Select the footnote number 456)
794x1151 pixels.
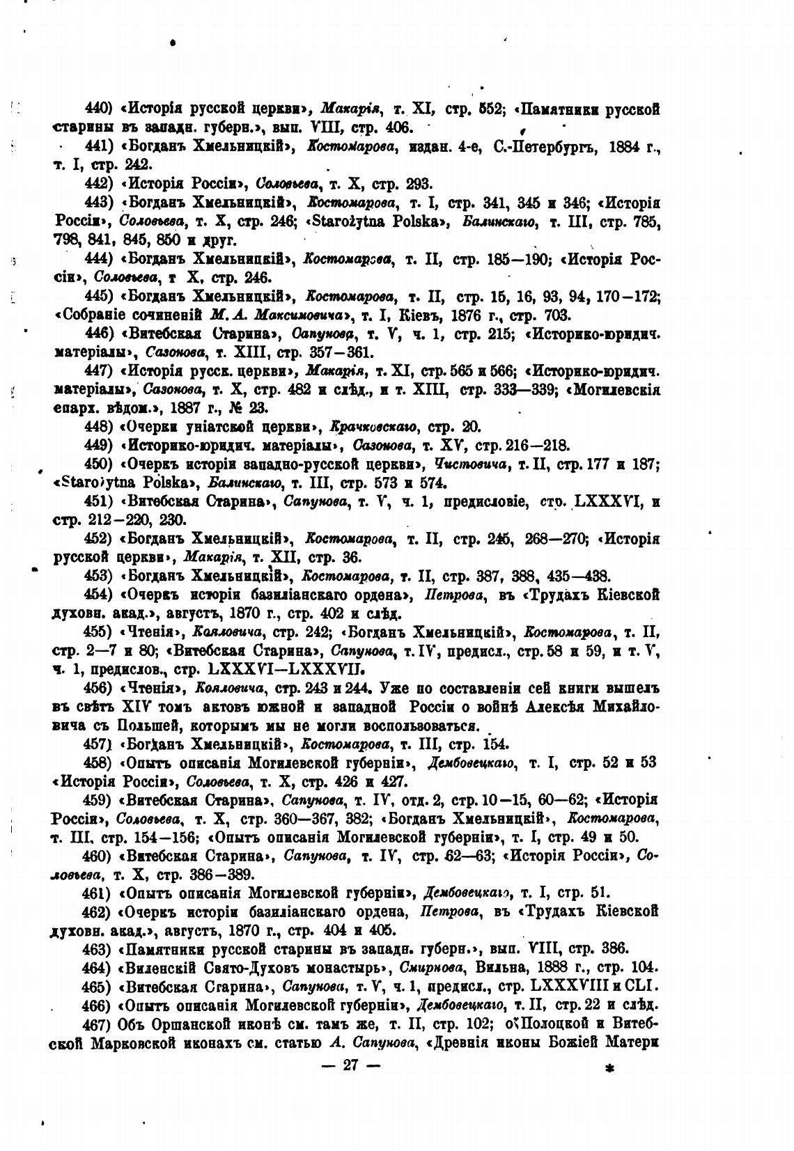98,687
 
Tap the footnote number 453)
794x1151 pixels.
98,576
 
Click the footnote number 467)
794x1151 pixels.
98,1024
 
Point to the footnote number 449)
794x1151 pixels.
98,446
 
